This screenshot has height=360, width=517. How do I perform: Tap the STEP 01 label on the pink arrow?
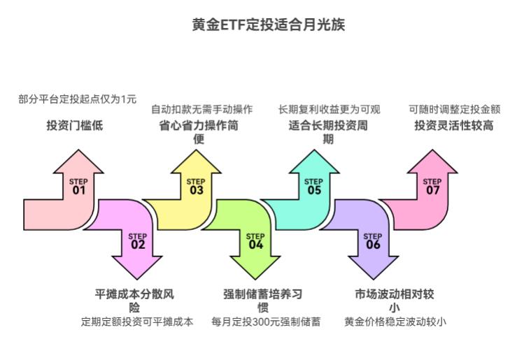point(78,187)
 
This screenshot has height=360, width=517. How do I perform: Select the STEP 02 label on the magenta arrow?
point(138,240)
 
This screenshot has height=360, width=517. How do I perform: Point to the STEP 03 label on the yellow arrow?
point(196,187)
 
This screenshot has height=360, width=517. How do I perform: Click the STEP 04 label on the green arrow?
point(255,240)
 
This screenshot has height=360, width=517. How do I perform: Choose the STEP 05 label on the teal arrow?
point(314,187)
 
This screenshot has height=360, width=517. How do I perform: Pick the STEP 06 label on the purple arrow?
point(373,240)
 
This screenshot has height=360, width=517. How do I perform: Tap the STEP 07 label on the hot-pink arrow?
point(432,187)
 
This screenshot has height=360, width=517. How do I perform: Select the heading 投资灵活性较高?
point(454,126)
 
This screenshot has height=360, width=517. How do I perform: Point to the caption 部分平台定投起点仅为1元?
point(78,99)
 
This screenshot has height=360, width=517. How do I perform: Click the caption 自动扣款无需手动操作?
point(202,109)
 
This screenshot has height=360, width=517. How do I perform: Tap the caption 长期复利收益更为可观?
point(329,109)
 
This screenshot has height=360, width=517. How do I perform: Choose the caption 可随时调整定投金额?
point(455,109)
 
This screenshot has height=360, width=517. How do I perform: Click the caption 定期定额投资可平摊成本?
point(137,322)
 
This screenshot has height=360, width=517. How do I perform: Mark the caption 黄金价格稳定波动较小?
point(395,322)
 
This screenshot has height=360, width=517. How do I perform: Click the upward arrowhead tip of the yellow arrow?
point(196,151)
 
